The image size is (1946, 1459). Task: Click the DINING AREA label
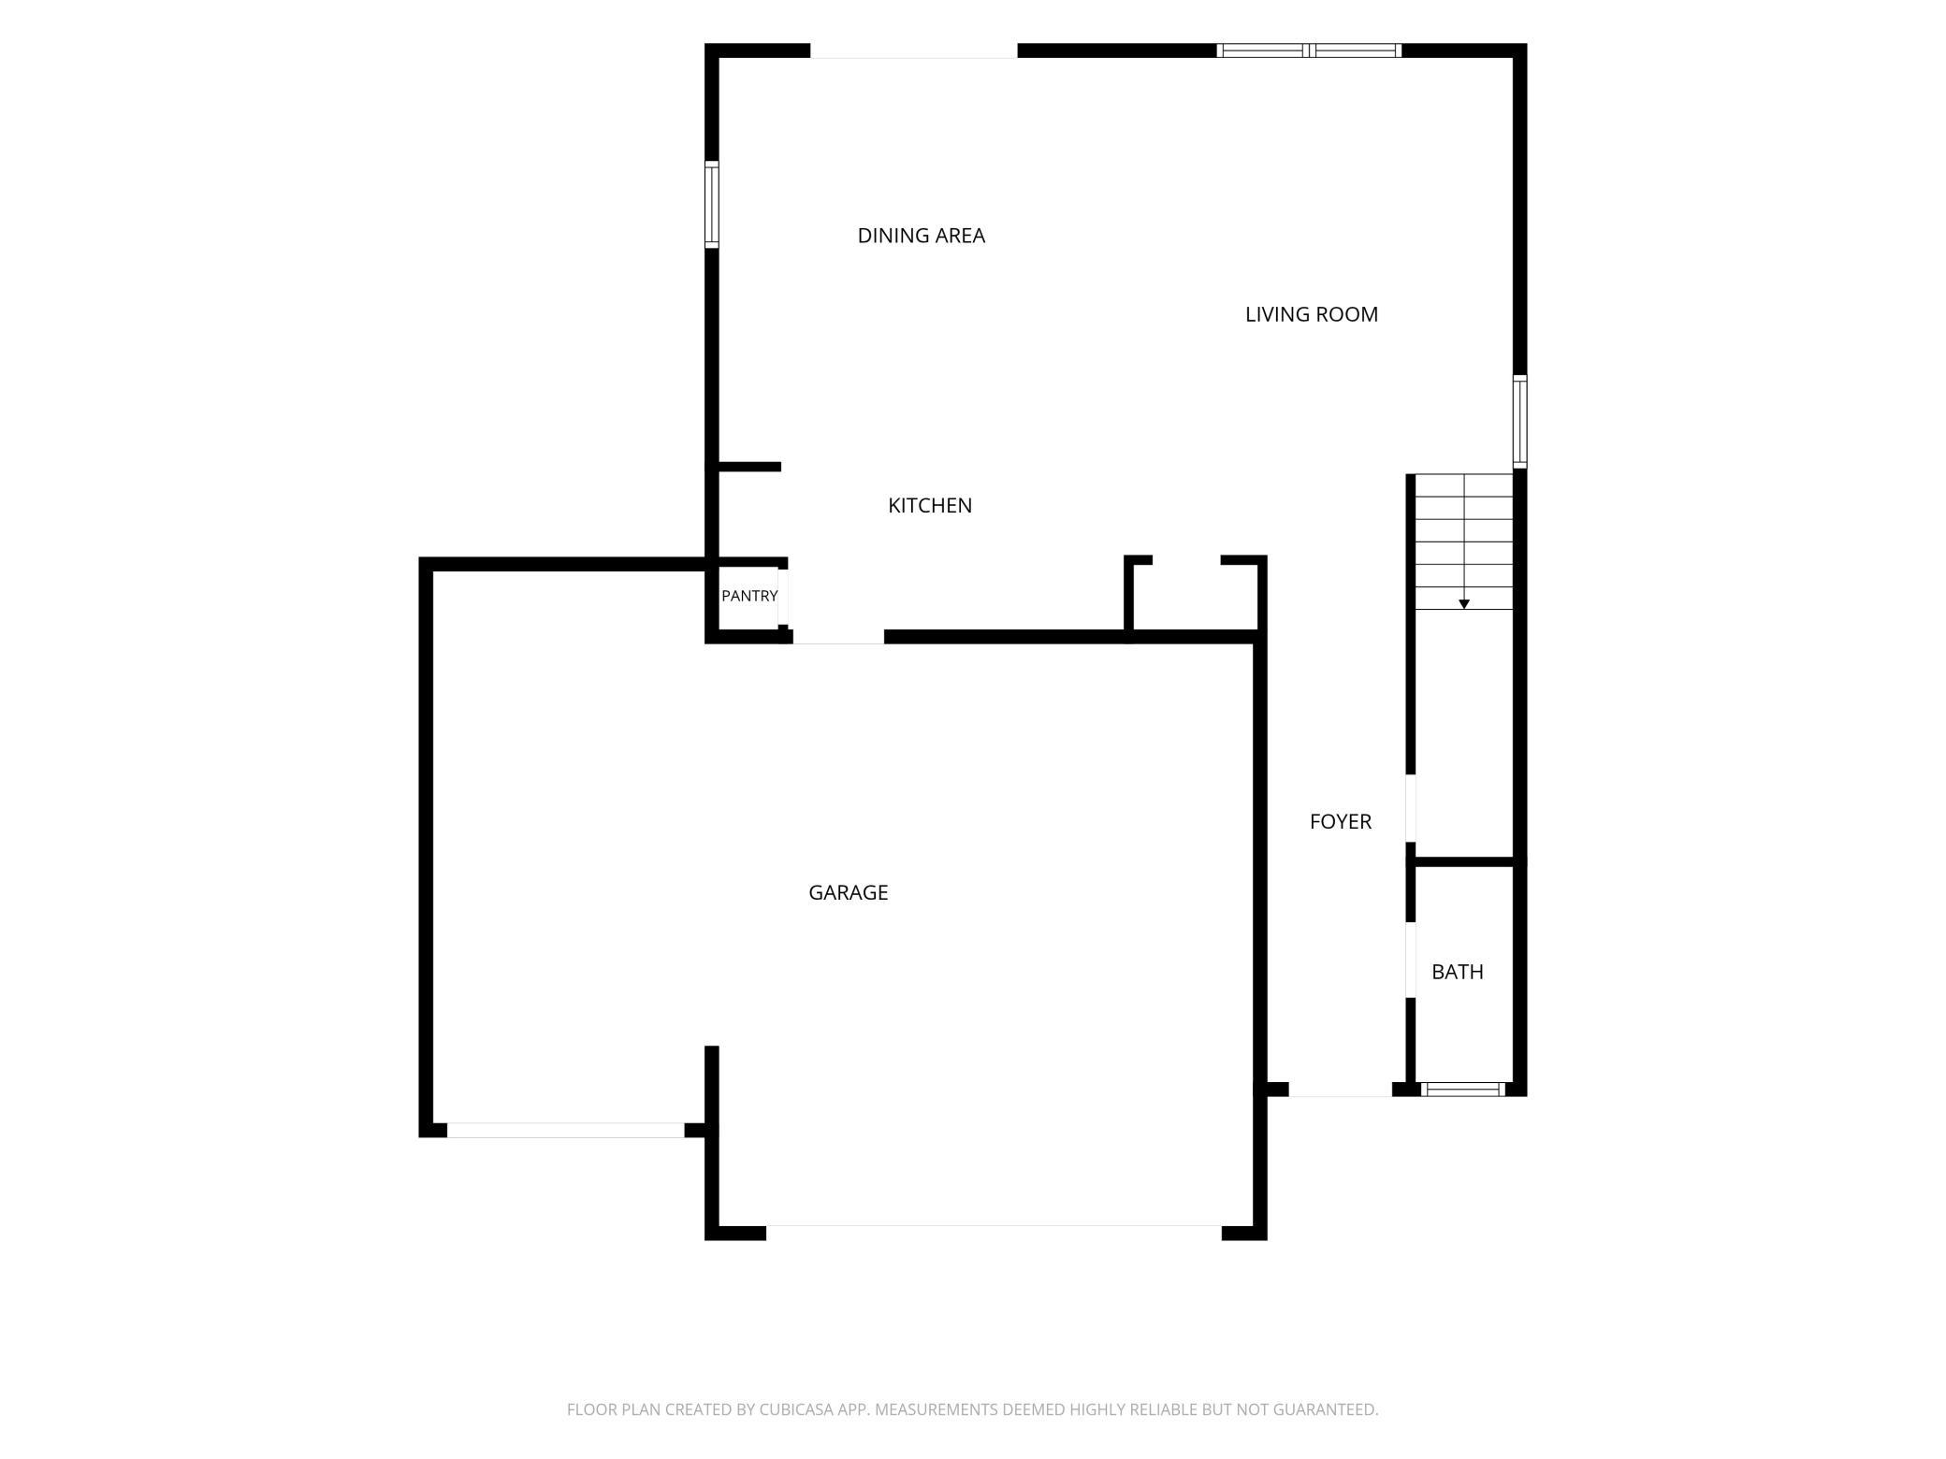click(922, 236)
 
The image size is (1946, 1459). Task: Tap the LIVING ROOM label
click(1312, 314)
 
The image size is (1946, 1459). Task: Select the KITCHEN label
click(930, 505)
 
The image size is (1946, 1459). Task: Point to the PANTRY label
click(749, 596)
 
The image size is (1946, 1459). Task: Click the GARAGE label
click(849, 892)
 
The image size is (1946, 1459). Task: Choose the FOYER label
click(1341, 821)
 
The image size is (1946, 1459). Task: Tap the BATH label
click(1458, 972)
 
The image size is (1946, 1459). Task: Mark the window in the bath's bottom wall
click(1463, 1089)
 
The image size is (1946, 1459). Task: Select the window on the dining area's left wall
click(712, 204)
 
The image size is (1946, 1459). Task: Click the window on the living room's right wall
click(1520, 421)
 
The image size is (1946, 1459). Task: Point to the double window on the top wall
click(1309, 51)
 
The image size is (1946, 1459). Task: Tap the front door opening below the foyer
click(1341, 1090)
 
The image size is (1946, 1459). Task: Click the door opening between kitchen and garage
click(838, 637)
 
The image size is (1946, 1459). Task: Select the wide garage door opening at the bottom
click(994, 1233)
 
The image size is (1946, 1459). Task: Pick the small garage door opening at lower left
click(566, 1130)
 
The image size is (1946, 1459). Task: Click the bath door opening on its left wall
click(1411, 961)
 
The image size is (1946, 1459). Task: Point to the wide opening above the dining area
click(914, 51)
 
